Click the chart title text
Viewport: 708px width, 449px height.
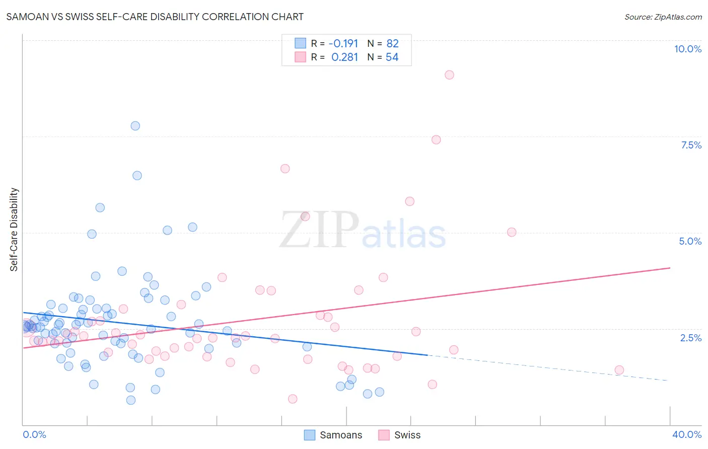(x=155, y=17)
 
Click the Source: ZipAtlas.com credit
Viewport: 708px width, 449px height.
(x=663, y=17)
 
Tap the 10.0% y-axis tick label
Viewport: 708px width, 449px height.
(x=687, y=49)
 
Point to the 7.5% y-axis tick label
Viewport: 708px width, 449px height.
(x=691, y=145)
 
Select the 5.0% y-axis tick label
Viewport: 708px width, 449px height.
(x=690, y=241)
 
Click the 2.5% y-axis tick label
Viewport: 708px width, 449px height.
(x=690, y=338)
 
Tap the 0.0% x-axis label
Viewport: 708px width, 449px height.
(x=34, y=434)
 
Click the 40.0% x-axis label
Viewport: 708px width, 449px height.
(x=686, y=434)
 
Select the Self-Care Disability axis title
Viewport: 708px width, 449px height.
(x=14, y=230)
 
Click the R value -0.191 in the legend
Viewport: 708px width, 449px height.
(x=343, y=43)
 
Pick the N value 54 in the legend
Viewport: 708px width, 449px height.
(x=392, y=57)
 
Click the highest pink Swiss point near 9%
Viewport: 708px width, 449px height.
(x=449, y=75)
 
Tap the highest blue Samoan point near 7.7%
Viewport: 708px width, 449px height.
(x=135, y=126)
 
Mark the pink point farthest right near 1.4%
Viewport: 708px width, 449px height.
(x=619, y=370)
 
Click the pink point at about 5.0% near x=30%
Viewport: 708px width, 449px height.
(x=512, y=232)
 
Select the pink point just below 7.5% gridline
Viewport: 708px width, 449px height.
(x=436, y=139)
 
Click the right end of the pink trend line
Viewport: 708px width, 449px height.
(x=669, y=268)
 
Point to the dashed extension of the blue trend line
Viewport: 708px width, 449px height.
(x=549, y=368)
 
